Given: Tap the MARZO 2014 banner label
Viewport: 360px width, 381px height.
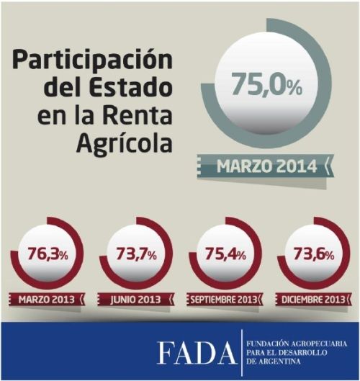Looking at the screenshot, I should tap(266, 166).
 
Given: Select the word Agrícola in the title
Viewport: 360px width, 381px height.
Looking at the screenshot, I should tap(124, 143).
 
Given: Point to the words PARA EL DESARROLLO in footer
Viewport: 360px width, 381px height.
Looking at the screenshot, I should tap(287, 354).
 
